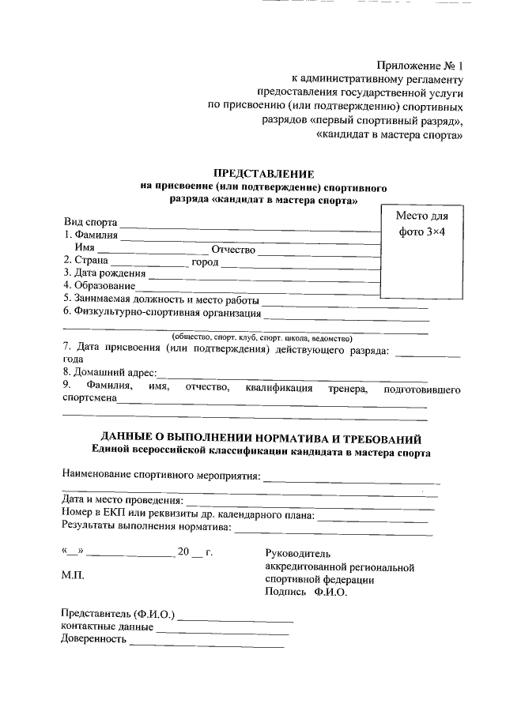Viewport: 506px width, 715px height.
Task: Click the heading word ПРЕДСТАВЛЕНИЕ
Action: [x=265, y=173]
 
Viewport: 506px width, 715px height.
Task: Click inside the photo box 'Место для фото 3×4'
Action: [x=420, y=253]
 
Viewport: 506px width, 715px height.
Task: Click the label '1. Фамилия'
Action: [x=91, y=235]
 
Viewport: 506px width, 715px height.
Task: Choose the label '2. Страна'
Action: [x=85, y=262]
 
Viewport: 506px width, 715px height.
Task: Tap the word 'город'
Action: [x=205, y=262]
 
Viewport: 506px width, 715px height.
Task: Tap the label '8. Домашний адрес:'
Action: [x=109, y=371]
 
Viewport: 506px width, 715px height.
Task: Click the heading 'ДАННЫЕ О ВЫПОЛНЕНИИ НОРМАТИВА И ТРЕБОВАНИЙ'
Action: [x=261, y=438]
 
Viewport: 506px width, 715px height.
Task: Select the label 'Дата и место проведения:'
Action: [x=123, y=500]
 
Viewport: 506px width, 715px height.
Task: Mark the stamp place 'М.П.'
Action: [x=74, y=576]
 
